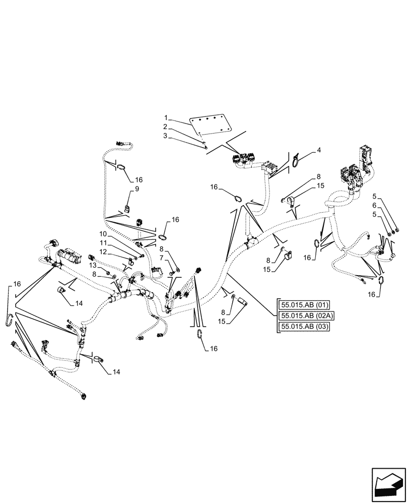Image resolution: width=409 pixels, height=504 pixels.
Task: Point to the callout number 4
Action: point(319,150)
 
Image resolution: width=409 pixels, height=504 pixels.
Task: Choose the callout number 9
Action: point(136,189)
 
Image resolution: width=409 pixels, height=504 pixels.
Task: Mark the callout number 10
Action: point(103,234)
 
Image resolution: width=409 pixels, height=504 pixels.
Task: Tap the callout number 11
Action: point(103,243)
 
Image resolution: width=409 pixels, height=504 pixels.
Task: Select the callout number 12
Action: point(103,251)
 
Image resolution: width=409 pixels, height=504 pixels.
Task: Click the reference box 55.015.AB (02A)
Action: point(301,316)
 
